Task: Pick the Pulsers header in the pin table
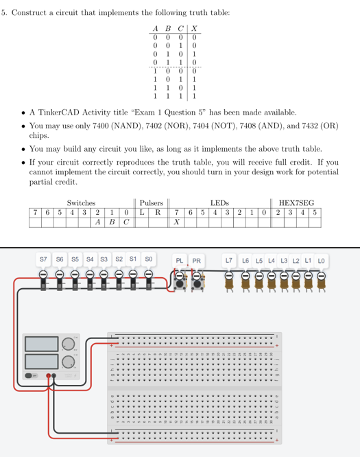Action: pyautogui.click(x=151, y=202)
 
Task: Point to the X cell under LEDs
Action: pyautogui.click(x=177, y=222)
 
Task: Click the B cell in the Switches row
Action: pyautogui.click(x=112, y=222)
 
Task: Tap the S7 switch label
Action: pyautogui.click(x=43, y=260)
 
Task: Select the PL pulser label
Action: pyautogui.click(x=180, y=261)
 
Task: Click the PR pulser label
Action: pyautogui.click(x=197, y=261)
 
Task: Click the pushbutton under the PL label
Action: pyautogui.click(x=182, y=281)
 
